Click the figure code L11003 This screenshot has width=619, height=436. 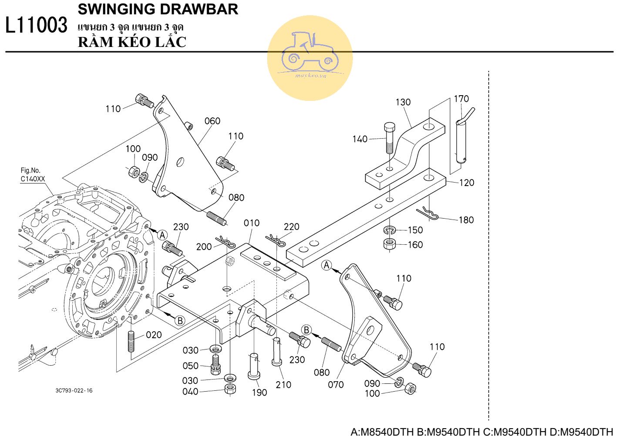tap(37, 25)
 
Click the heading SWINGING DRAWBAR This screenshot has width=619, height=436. tap(158, 9)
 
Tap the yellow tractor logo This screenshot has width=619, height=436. tap(309, 58)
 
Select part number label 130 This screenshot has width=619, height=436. tap(403, 102)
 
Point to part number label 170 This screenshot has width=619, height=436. tap(461, 99)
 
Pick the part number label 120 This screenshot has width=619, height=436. tap(467, 183)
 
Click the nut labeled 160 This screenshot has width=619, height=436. tap(389, 244)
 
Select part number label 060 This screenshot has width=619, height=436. tap(212, 121)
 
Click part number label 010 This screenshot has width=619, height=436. tap(252, 223)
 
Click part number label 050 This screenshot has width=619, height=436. tap(190, 366)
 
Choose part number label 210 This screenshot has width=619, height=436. tap(283, 384)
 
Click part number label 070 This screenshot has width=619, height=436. tap(336, 384)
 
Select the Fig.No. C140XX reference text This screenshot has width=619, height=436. tap(33, 175)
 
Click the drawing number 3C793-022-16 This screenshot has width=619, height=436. tap(74, 390)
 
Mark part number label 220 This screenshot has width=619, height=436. tap(291, 226)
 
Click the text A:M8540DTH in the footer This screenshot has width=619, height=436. tap(382, 432)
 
